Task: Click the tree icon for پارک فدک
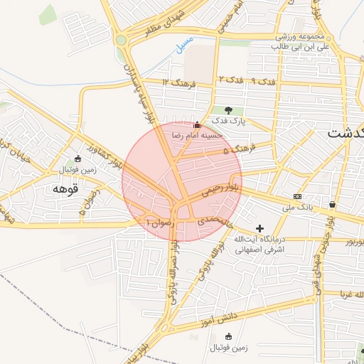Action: click(228, 110)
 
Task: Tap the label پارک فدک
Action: click(228, 122)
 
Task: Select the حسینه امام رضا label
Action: click(196, 134)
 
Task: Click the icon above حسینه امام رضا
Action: click(197, 124)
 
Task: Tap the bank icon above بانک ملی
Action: click(297, 196)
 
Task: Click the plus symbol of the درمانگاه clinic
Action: click(259, 228)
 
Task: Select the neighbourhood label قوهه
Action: click(65, 189)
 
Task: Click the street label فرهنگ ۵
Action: click(237, 150)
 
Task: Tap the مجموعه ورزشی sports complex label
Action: click(301, 36)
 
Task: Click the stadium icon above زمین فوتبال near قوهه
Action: click(78, 158)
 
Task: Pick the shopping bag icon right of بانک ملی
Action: click(332, 205)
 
